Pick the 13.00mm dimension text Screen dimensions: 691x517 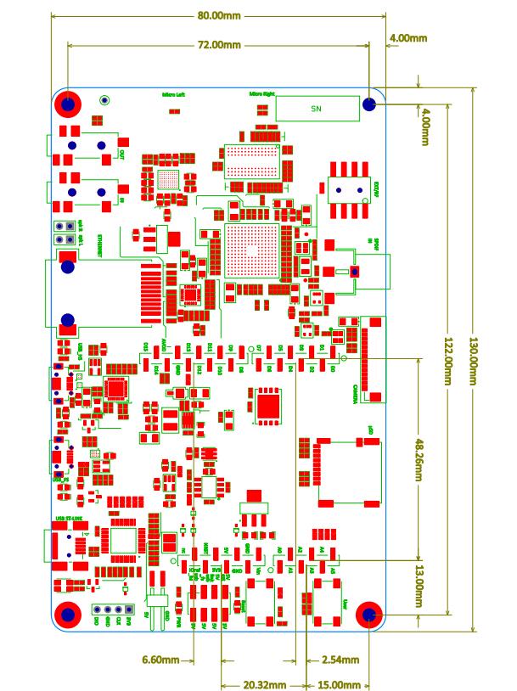pyautogui.click(x=419, y=586)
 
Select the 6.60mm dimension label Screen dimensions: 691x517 pyautogui.click(x=160, y=659)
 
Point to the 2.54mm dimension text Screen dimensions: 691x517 pyautogui.click(x=340, y=659)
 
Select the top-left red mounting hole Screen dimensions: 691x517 pyautogui.click(x=69, y=104)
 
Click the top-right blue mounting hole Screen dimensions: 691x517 pyautogui.click(x=369, y=104)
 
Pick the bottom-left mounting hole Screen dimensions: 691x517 pyautogui.click(x=68, y=615)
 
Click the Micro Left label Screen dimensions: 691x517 pyautogui.click(x=172, y=94)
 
